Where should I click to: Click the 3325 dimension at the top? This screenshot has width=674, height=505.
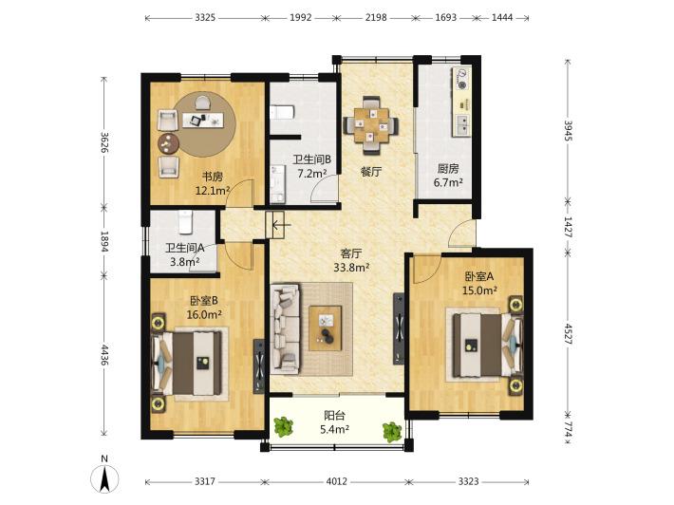tap(205, 18)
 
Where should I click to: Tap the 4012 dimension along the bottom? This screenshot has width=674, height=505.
tap(336, 481)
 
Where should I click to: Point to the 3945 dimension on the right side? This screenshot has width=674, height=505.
tap(568, 131)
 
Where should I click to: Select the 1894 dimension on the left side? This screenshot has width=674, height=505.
tap(104, 241)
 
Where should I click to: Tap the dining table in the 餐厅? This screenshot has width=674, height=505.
tap(371, 125)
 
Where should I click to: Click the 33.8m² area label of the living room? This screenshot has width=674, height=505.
tap(351, 268)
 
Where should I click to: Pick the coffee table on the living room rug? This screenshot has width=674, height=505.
tap(326, 327)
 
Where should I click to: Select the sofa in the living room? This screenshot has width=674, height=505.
tap(285, 327)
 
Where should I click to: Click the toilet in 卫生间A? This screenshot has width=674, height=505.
tap(186, 222)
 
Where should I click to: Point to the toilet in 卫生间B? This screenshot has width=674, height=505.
tap(282, 112)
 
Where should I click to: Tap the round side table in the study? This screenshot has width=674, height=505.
tap(168, 143)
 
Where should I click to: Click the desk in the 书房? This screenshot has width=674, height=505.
tap(203, 120)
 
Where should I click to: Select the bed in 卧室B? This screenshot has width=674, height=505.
tap(187, 364)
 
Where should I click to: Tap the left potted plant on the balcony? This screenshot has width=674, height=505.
tap(283, 427)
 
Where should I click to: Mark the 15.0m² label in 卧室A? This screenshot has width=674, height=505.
tap(479, 290)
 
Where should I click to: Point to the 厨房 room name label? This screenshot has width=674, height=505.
tap(448, 168)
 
